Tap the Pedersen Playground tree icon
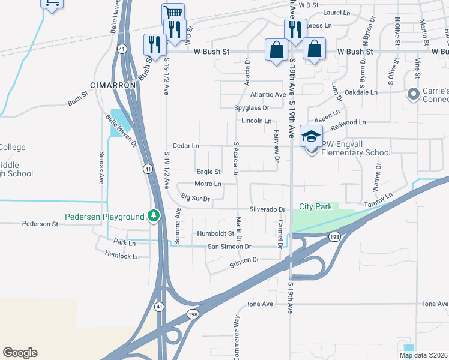155,215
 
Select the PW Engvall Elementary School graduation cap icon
311,137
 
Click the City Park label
316,207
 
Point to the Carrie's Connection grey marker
413,94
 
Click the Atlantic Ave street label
268,95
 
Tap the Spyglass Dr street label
252,108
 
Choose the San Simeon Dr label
229,247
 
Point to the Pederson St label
40,224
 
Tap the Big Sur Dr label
195,198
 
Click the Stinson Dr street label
244,260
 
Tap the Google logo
20,353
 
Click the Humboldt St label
214,234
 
